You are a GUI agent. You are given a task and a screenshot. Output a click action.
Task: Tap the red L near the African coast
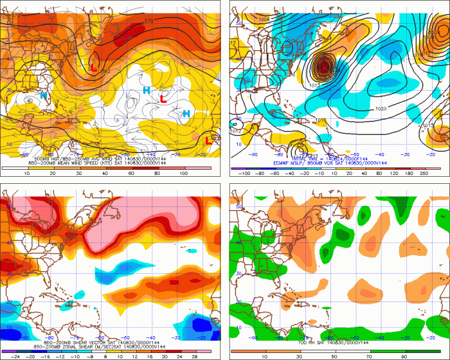209,139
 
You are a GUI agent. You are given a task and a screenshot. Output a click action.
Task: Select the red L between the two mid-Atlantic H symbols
164,100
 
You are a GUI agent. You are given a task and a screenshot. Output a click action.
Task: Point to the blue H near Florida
44,96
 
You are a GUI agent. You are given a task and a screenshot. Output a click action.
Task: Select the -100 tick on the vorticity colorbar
244,174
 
